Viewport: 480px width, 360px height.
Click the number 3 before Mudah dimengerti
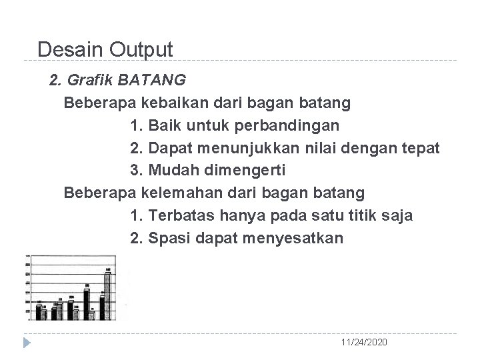pyautogui.click(x=135, y=171)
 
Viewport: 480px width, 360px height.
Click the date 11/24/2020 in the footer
pyautogui.click(x=363, y=342)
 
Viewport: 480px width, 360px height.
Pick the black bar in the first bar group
pyautogui.click(x=39, y=311)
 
